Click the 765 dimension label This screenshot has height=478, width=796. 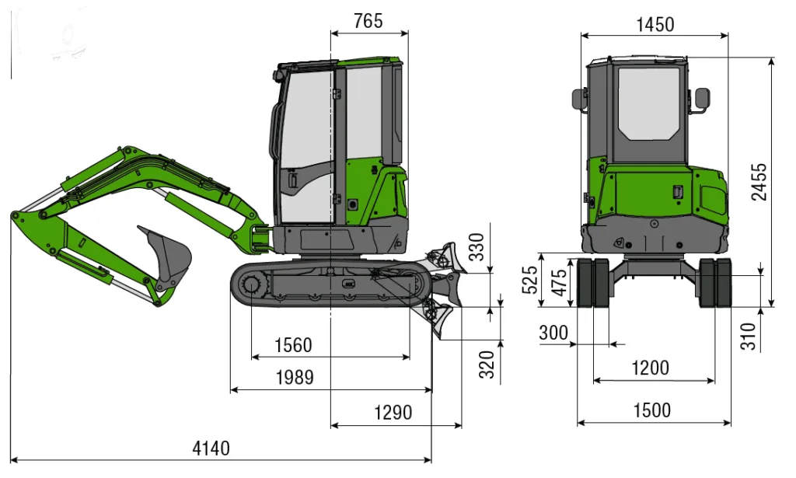(368, 21)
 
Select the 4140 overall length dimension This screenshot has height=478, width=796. (211, 448)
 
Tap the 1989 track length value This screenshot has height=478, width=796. (295, 378)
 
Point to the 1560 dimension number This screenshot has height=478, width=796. (293, 346)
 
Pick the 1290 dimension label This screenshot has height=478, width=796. (393, 413)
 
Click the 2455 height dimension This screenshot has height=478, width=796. (759, 182)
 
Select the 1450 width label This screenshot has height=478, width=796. (655, 24)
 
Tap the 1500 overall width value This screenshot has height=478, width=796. (652, 410)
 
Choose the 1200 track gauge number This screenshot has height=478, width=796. (651, 368)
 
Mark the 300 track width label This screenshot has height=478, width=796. (553, 333)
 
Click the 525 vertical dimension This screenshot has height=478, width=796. (529, 280)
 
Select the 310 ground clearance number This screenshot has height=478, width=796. (749, 336)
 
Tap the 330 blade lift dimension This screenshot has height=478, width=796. (477, 246)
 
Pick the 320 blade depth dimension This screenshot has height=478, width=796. (487, 365)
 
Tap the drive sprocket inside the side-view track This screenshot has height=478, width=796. (252, 287)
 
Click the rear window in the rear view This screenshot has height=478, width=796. (648, 103)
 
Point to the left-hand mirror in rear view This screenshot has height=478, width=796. (579, 99)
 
